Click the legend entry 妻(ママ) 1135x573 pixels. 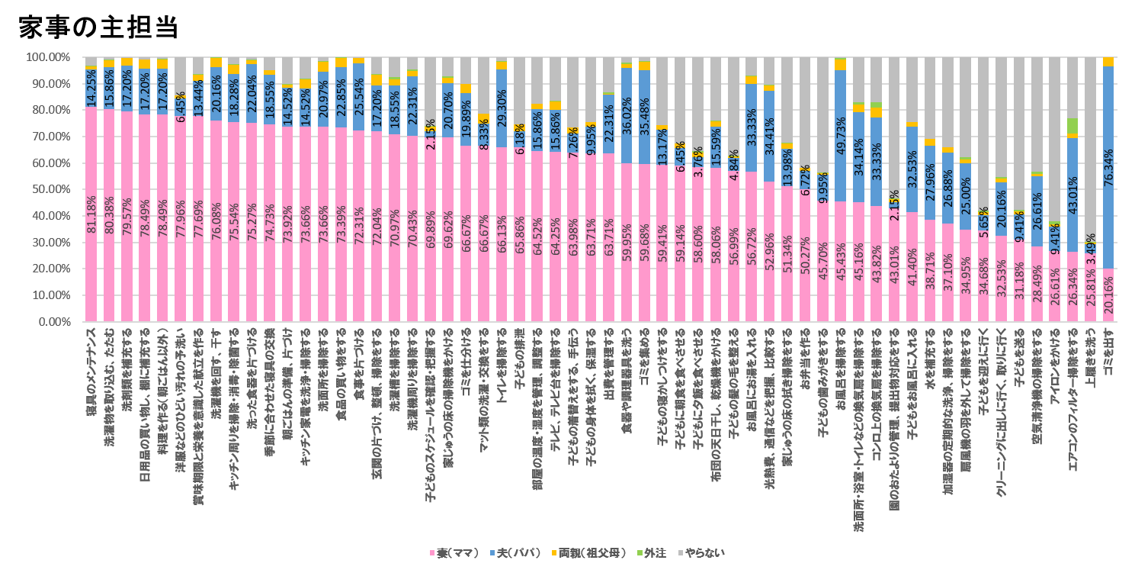coord(456,552)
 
